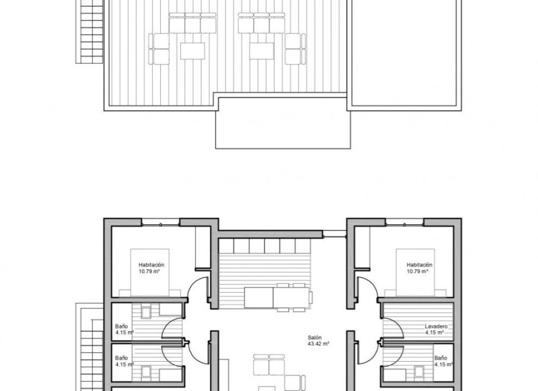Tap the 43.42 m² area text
click(318, 344)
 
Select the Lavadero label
click(436, 327)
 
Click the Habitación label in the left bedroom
click(151, 265)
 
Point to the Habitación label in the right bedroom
click(419, 265)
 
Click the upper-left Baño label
click(122, 326)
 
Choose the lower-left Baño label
click(122, 357)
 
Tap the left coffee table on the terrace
click(192, 50)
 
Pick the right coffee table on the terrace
click(261, 50)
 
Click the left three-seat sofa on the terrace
click(192, 24)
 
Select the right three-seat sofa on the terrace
click(262, 24)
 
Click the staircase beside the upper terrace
click(90, 31)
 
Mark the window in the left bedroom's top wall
click(160, 222)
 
